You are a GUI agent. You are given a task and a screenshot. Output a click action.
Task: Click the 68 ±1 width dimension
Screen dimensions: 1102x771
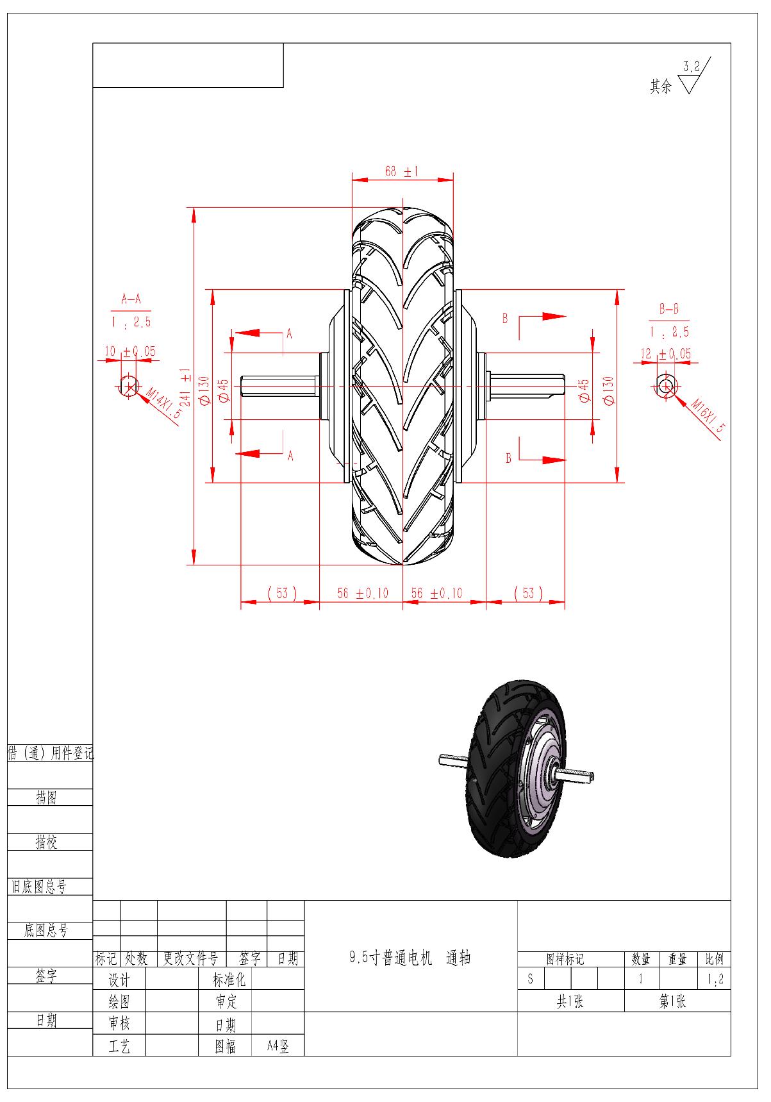(401, 172)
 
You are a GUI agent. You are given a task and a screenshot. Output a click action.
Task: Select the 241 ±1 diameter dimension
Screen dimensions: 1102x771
(185, 387)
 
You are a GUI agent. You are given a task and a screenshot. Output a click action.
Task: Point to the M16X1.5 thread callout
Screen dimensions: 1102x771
(707, 415)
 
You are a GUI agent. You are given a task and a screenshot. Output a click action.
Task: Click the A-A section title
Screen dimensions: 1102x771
(131, 299)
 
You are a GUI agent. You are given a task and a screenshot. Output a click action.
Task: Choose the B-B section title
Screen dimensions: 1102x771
(668, 309)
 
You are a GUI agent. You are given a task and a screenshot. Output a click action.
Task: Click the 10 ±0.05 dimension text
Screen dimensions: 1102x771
(130, 352)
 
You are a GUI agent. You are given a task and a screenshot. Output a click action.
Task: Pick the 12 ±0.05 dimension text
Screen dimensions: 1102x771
(666, 354)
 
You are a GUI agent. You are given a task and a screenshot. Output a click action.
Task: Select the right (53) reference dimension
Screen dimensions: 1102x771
(528, 593)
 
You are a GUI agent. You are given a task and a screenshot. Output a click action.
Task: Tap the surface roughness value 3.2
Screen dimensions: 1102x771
(692, 66)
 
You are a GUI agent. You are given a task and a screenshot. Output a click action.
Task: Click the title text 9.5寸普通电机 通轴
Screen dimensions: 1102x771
(410, 958)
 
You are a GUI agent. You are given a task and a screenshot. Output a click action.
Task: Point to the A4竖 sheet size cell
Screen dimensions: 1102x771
(278, 1047)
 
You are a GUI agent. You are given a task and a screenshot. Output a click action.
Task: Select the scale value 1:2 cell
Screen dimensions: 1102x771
(715, 979)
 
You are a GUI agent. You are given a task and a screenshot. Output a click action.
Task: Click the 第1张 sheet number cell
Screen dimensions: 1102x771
(673, 1001)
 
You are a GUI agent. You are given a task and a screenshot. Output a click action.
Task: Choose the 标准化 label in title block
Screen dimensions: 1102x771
(229, 980)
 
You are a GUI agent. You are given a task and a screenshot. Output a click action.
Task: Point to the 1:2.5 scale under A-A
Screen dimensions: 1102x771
(131, 322)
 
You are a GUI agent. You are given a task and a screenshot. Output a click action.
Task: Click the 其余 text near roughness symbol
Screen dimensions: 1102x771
(661, 87)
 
